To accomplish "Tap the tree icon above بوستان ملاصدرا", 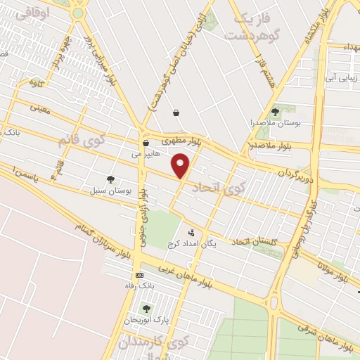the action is (x=276, y=111).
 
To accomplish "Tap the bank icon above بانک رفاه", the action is (x=139, y=274).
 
